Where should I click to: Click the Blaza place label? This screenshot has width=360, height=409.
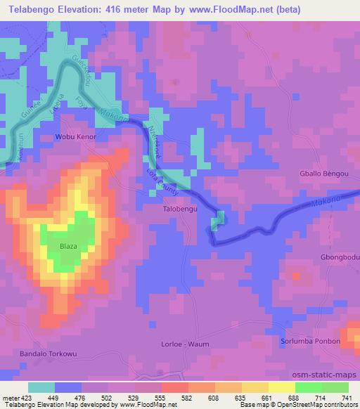(68, 247)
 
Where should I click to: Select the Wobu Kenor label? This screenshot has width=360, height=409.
(76, 136)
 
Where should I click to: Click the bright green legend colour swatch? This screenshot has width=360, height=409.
(308, 387)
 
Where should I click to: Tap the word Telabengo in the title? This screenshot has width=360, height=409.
(29, 10)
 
